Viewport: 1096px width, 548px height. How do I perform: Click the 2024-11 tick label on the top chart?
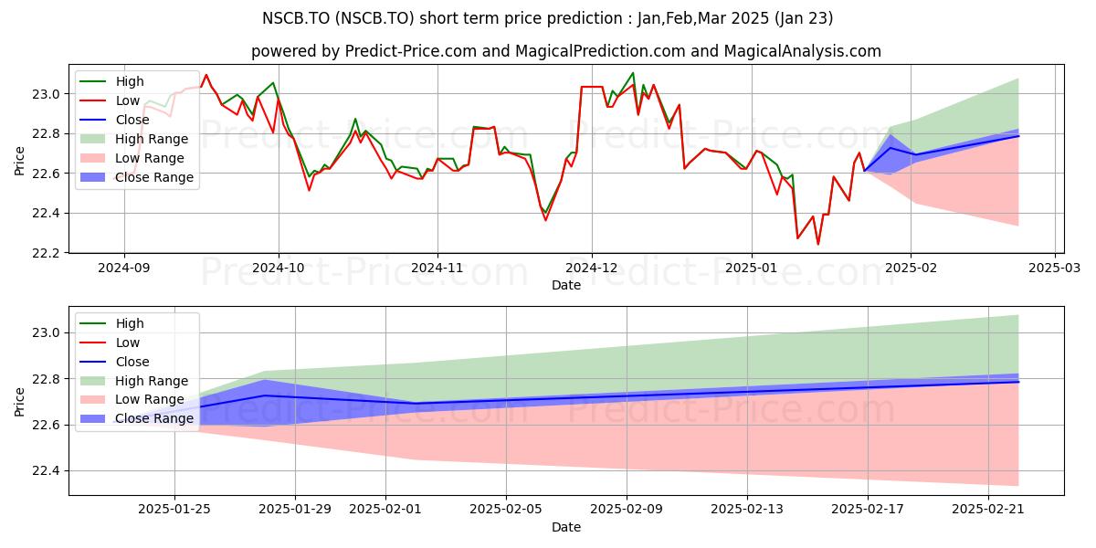point(437,268)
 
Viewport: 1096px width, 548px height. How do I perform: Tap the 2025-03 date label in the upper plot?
point(1054,268)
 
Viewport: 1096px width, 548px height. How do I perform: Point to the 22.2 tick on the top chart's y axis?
point(46,254)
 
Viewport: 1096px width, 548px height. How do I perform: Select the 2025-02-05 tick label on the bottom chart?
point(506,510)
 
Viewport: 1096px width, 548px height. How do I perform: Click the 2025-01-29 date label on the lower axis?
point(295,510)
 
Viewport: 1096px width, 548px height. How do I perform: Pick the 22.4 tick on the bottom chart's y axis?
point(46,471)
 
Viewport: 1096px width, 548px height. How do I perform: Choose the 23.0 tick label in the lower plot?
point(46,333)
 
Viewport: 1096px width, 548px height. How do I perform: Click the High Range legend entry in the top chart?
point(133,139)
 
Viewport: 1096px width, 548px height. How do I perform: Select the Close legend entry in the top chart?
point(114,120)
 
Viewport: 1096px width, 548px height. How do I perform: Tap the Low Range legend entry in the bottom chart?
point(132,400)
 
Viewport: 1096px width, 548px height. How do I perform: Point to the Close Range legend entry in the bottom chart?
point(136,419)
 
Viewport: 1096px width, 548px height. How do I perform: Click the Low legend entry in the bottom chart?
point(110,342)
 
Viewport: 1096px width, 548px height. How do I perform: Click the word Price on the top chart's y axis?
point(19,161)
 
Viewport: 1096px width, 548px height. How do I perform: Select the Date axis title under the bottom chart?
point(566,527)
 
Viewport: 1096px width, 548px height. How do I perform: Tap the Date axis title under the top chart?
point(566,285)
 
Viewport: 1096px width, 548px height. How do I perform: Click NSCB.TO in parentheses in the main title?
point(375,18)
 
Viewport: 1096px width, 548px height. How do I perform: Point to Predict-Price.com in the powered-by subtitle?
point(410,51)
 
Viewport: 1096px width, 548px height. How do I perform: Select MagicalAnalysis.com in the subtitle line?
point(802,51)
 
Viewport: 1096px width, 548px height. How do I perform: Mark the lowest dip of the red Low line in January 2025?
point(818,244)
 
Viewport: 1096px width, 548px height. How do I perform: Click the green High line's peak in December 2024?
point(633,73)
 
